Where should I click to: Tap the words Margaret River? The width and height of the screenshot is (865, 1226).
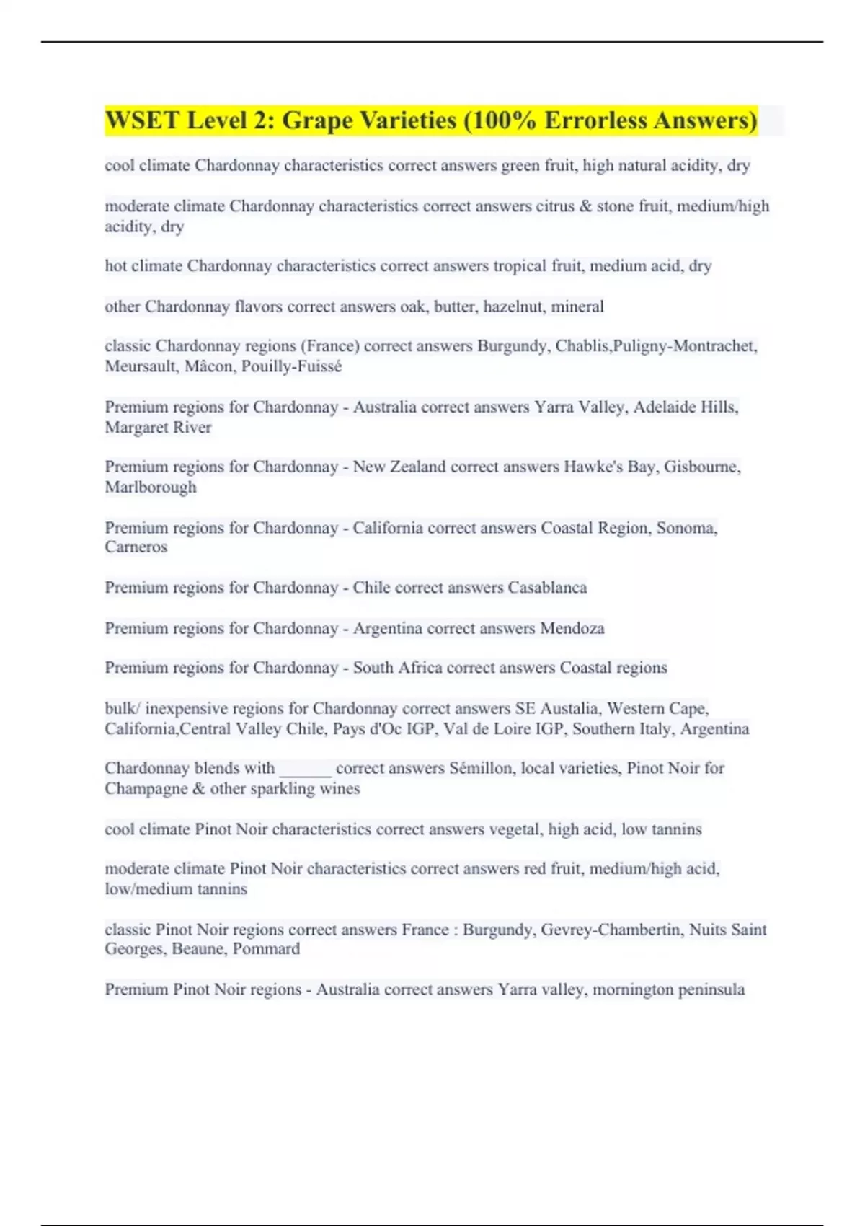pyautogui.click(x=158, y=428)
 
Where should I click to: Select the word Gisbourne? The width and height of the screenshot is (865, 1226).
pyautogui.click(x=701, y=467)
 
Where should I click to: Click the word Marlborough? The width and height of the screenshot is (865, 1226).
pyautogui.click(x=150, y=488)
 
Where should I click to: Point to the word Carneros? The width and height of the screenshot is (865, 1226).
pyautogui.click(x=136, y=547)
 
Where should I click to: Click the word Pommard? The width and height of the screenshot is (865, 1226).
pyautogui.click(x=266, y=949)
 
